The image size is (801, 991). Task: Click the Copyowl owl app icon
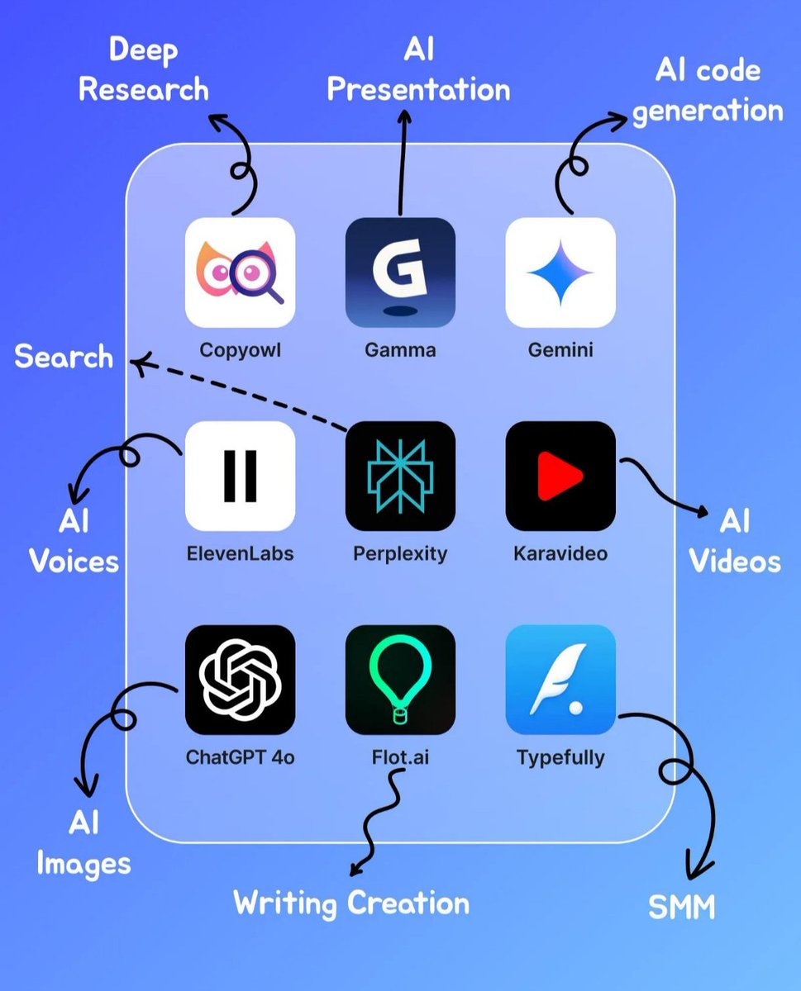240,272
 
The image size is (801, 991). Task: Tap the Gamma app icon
400,272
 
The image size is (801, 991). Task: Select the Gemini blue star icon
560,272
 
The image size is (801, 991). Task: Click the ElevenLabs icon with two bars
240,476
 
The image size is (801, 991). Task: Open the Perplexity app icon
400,476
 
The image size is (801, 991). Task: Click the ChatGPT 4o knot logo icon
240,680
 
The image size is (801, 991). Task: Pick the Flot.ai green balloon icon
400,680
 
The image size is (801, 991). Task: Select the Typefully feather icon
560,680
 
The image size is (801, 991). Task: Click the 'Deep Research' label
143,70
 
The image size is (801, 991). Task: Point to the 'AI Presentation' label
418,70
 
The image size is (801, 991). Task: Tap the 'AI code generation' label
707,90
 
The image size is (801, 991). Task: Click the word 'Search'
64,357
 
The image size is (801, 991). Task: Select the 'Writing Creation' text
351,903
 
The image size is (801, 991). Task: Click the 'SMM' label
681,908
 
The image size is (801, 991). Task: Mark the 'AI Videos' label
735,542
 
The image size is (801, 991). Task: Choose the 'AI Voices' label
74,542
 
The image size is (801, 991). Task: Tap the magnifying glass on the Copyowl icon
258,274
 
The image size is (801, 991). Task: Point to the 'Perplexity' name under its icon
400,553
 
